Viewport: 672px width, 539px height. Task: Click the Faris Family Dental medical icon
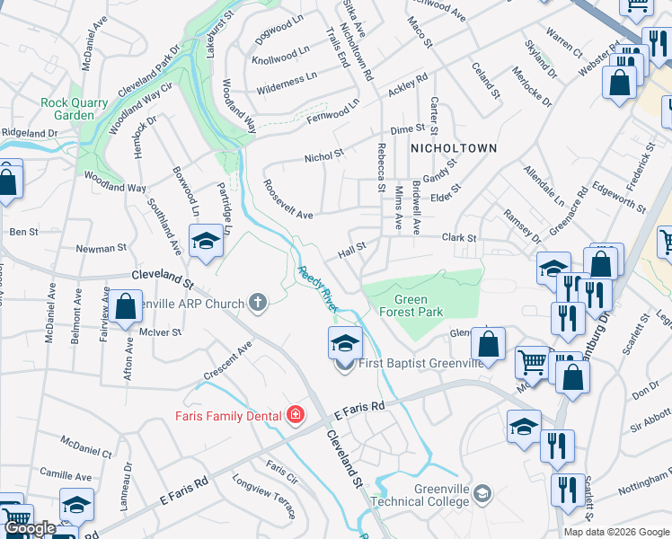pos(295,415)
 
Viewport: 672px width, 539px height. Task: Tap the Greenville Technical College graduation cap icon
pos(483,493)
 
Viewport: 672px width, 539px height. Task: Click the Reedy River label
pos(317,287)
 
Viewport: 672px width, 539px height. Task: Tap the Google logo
pos(30,529)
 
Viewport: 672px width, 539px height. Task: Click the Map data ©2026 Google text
pos(616,532)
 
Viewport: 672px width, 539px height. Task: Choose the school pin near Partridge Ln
pos(206,242)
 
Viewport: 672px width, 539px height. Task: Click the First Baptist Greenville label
pos(421,363)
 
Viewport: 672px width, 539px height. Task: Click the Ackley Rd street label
pos(408,85)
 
